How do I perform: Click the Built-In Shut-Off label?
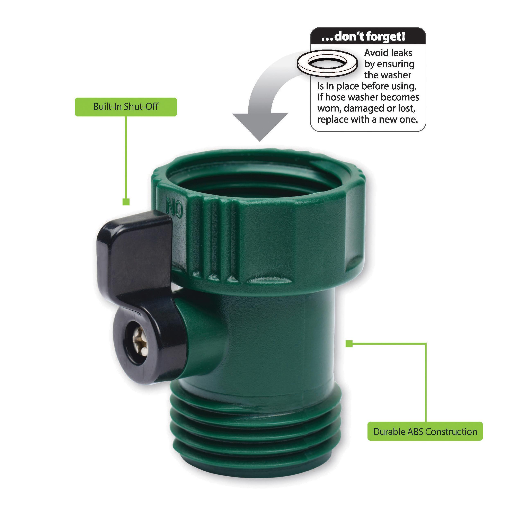[126, 107]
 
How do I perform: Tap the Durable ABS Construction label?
[425, 432]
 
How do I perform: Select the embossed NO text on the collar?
[174, 209]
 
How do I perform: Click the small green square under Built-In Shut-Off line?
[126, 202]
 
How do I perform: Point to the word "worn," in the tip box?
[329, 109]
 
